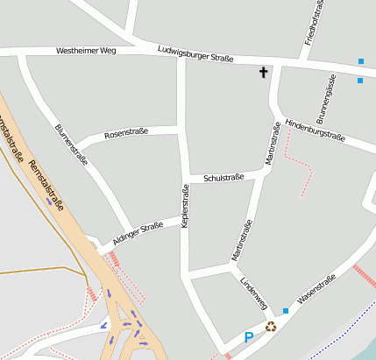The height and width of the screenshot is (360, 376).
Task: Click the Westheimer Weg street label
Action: [86, 52]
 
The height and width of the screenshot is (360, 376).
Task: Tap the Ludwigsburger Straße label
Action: [195, 54]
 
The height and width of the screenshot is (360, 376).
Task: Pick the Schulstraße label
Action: [223, 178]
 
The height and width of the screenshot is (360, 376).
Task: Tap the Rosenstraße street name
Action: [126, 133]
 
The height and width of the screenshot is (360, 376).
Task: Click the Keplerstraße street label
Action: [185, 208]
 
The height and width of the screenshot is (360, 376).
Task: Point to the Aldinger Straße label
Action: [138, 234]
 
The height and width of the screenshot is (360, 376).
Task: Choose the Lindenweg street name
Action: [253, 293]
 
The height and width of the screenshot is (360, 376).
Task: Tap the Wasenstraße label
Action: [316, 290]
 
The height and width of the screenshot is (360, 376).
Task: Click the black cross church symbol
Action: [262, 72]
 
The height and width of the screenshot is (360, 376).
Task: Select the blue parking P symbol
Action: [249, 336]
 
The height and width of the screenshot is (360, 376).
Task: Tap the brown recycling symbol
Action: [271, 327]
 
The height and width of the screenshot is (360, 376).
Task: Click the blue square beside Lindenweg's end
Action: [285, 311]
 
